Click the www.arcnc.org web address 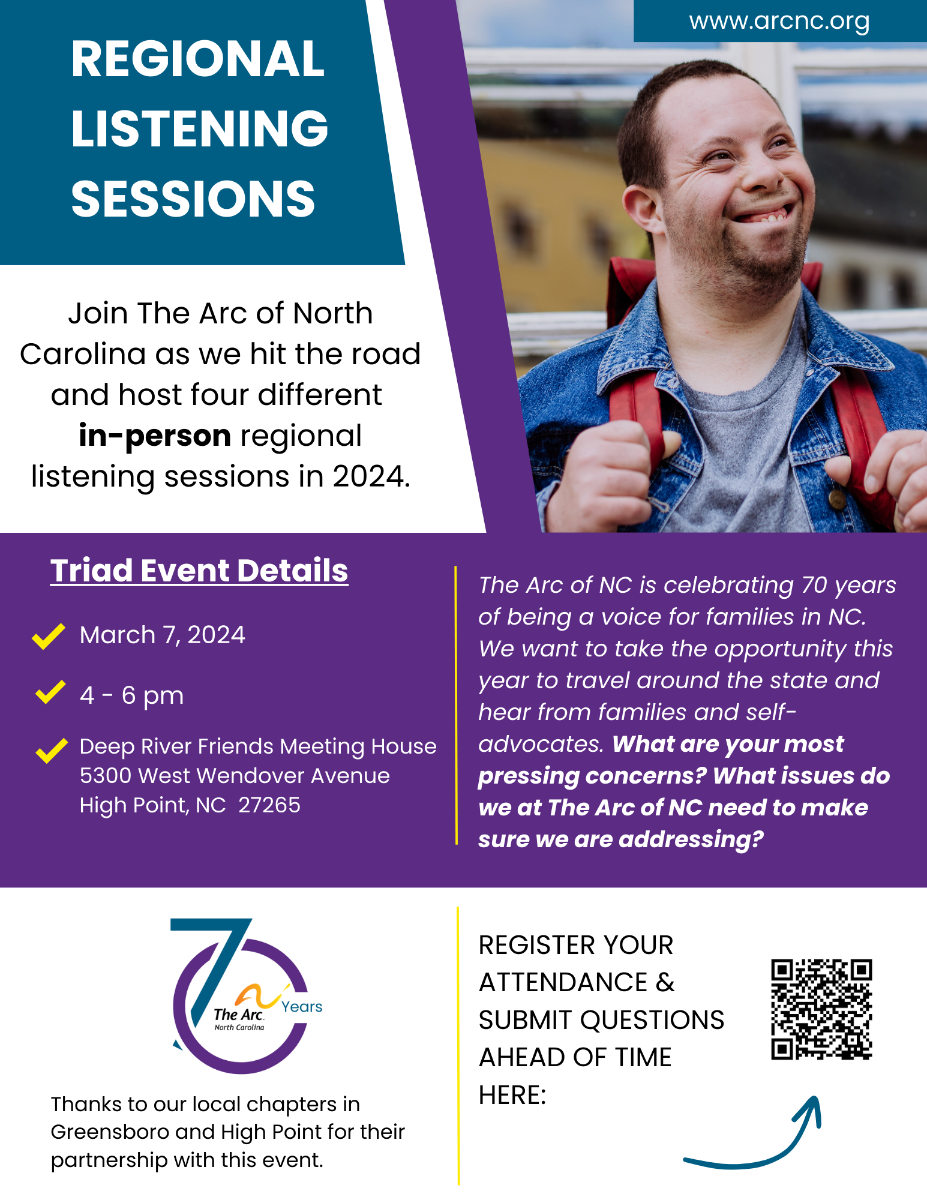[779, 22]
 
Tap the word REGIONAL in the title [198, 59]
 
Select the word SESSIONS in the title [193, 199]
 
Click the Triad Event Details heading [199, 570]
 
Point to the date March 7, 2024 [163, 635]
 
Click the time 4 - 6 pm [132, 695]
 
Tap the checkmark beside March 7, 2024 [49, 636]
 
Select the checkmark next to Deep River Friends [52, 750]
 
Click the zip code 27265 [269, 805]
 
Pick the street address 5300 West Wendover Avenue [235, 776]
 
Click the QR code [821, 1009]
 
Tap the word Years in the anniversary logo [302, 1007]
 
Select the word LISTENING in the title [200, 128]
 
